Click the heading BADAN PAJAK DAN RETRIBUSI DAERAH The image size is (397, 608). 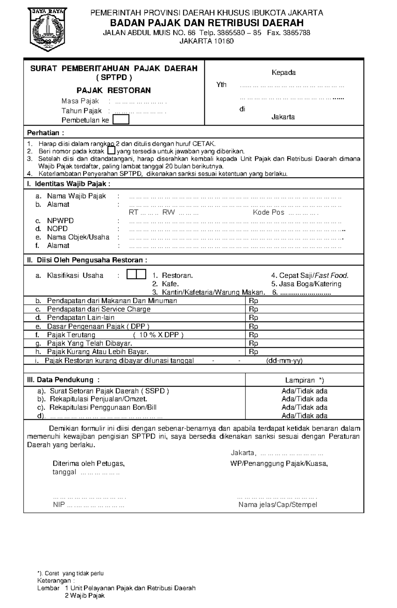207,23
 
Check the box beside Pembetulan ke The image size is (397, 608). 121,120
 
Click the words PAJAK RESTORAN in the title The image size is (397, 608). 113,90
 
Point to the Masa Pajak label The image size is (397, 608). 80,101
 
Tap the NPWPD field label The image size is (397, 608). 60,221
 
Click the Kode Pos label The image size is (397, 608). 268,212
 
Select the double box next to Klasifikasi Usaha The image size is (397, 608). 136,274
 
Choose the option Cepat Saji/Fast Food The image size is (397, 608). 310,275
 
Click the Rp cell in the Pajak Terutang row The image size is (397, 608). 253,335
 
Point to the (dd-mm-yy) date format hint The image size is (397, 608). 284,361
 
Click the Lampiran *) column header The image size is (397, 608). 305,380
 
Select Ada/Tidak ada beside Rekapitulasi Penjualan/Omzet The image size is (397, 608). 304,399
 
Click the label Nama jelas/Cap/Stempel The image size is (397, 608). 278,505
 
